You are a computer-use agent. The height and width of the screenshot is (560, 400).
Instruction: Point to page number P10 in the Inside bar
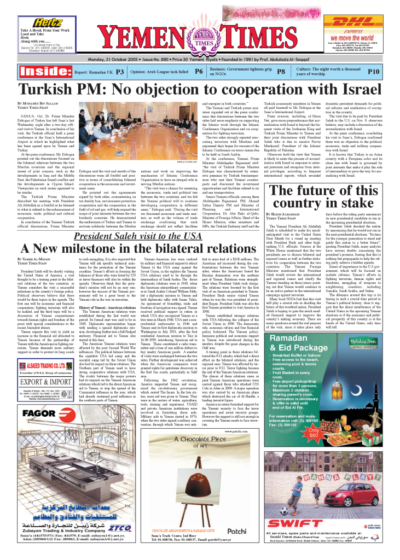pyautogui.click(x=374, y=72)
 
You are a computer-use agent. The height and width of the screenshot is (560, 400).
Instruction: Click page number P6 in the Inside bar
pyautogui.click(x=199, y=72)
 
